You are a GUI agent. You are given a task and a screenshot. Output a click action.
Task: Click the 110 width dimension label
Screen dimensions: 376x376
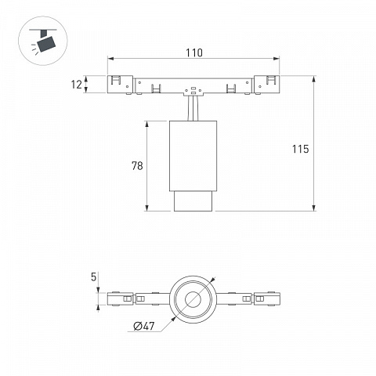(x=194, y=52)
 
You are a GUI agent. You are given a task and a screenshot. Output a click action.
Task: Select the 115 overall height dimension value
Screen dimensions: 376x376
(x=300, y=149)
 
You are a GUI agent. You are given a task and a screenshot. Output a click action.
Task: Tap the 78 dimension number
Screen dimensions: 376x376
(x=137, y=166)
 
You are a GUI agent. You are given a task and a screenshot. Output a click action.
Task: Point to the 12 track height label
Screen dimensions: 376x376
(x=77, y=85)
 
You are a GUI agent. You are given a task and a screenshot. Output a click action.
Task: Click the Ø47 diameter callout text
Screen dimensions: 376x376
(x=144, y=326)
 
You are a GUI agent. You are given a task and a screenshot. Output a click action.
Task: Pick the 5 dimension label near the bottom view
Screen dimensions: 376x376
(x=93, y=277)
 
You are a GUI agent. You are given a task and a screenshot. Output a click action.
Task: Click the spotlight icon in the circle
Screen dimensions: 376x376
(x=43, y=41)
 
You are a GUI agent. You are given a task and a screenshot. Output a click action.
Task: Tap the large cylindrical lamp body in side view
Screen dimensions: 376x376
(x=193, y=156)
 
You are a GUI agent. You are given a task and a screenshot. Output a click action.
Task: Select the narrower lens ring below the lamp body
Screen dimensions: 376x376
(x=193, y=201)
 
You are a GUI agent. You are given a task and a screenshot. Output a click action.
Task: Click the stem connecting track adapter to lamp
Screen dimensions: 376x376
(x=193, y=109)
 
